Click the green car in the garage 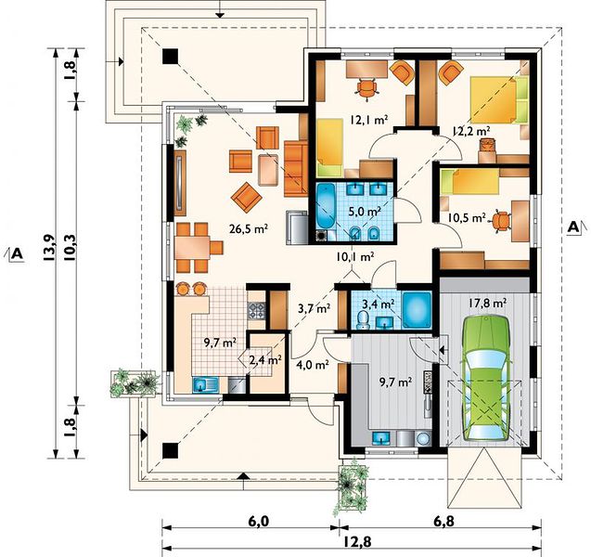click(x=485, y=379)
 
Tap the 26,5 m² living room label click(x=249, y=228)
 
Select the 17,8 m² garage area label click(x=487, y=303)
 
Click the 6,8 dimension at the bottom click(x=443, y=522)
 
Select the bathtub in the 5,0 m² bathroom click(x=325, y=206)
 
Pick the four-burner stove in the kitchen click(x=256, y=310)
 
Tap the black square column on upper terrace click(x=170, y=57)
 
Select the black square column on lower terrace click(x=170, y=450)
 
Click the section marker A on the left click(x=17, y=253)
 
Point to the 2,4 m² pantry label click(x=265, y=360)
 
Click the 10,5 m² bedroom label click(x=467, y=217)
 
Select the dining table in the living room click(x=192, y=247)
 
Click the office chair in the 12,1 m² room click(x=367, y=89)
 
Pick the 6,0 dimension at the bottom click(x=259, y=522)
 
